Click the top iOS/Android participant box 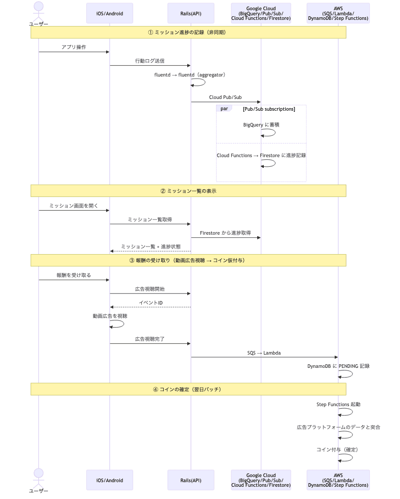pos(110,13)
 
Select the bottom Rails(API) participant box pos(191,480)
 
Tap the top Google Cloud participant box pos(261,13)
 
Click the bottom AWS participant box pos(338,480)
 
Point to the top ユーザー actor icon pos(39,9)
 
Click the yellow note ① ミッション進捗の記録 pos(188,32)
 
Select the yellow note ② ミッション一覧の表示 pos(188,191)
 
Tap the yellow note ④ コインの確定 pos(188,389)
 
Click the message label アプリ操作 pos(74,47)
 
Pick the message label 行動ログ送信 pos(150,61)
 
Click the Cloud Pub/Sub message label pos(226,97)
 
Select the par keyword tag pos(224,109)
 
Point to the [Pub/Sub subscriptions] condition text pos(269,109)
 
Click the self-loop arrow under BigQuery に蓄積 pos(269,133)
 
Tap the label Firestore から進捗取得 pos(226,233)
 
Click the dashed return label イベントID pos(151,303)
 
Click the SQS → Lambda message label pos(264,353)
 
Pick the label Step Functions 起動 pos(338,404)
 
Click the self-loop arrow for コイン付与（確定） pos(346,458)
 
